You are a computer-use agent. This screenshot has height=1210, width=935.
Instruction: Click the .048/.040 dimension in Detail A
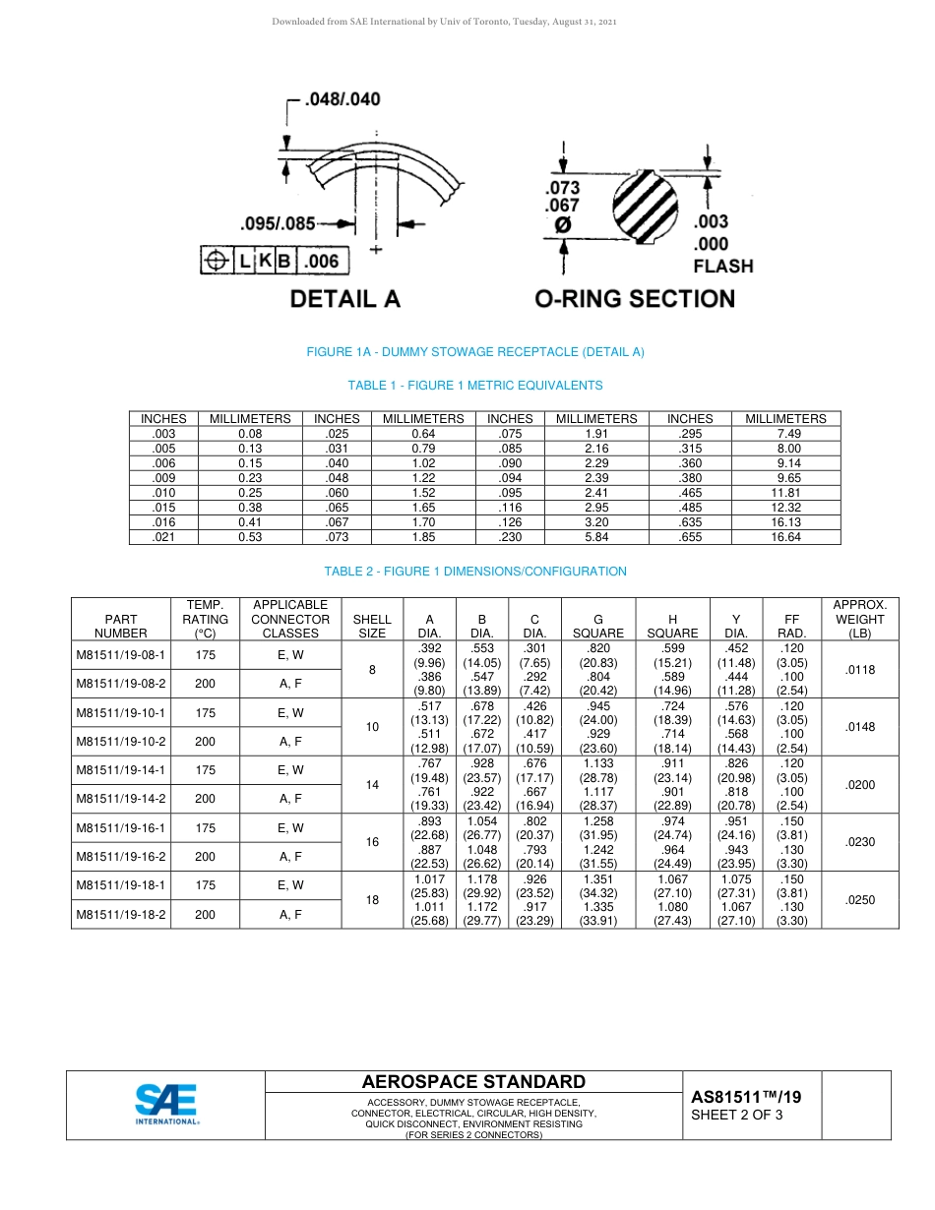click(x=342, y=99)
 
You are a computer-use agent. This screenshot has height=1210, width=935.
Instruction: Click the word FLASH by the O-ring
click(x=722, y=266)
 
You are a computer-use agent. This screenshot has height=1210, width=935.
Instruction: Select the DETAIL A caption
click(x=344, y=299)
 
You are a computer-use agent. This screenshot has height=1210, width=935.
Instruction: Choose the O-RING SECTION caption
click(x=634, y=299)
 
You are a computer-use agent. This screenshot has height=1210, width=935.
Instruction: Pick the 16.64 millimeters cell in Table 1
click(x=785, y=537)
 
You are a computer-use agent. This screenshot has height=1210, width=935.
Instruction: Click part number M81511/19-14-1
click(x=120, y=770)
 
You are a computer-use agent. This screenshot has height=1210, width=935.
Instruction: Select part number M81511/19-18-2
click(x=120, y=914)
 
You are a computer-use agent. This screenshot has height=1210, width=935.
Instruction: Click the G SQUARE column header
click(x=597, y=627)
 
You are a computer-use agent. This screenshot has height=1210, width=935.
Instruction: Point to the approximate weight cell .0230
click(x=859, y=842)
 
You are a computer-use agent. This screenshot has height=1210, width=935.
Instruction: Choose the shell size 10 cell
click(x=372, y=727)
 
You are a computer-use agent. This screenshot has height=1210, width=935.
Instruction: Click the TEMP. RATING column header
click(x=205, y=619)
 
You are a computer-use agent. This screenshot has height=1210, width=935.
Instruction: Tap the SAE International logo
click(x=166, y=1104)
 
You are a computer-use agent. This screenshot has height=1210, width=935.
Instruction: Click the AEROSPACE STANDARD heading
click(x=473, y=1081)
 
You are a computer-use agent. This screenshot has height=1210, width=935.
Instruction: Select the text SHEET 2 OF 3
click(x=737, y=1115)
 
